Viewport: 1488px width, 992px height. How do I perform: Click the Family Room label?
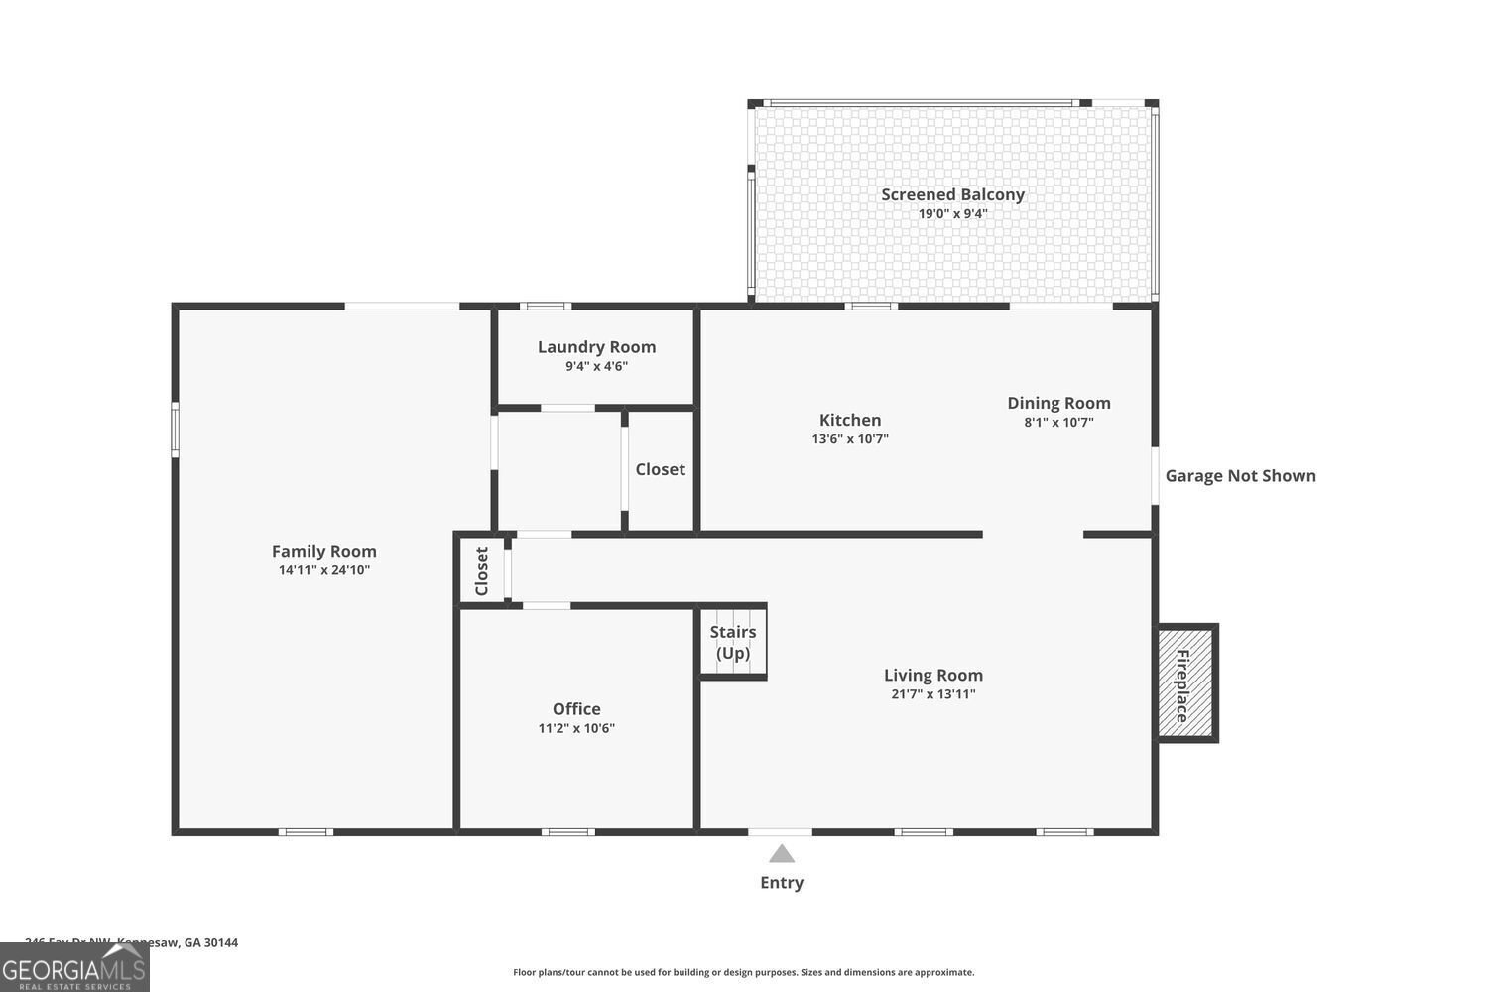tap(324, 551)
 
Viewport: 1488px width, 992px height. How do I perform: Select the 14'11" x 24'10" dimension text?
tap(324, 570)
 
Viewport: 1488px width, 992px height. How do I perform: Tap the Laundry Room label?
tap(596, 346)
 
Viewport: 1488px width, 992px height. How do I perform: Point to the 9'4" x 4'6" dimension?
tap(596, 366)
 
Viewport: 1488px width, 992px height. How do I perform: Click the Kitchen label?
tap(850, 420)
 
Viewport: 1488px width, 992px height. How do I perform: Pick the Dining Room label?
tap(1058, 403)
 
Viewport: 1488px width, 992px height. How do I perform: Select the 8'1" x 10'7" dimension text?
tap(1058, 422)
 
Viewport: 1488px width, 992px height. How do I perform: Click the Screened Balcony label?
tap(952, 194)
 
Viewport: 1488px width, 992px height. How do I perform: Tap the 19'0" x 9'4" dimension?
tap(952, 213)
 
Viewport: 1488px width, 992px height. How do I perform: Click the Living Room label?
tap(932, 675)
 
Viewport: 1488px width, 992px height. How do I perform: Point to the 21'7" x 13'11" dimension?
tap(932, 694)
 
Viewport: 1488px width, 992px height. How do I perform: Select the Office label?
tap(576, 708)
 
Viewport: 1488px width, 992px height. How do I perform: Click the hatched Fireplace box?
tap(1186, 682)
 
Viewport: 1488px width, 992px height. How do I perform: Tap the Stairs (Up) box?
tap(733, 643)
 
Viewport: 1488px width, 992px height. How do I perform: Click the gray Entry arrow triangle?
tap(782, 854)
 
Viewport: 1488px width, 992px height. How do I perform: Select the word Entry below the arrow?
tap(782, 883)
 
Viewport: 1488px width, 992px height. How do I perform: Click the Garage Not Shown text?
tap(1240, 476)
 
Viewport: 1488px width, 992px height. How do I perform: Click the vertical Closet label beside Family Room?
tap(482, 570)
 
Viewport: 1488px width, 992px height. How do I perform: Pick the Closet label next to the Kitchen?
tap(660, 469)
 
